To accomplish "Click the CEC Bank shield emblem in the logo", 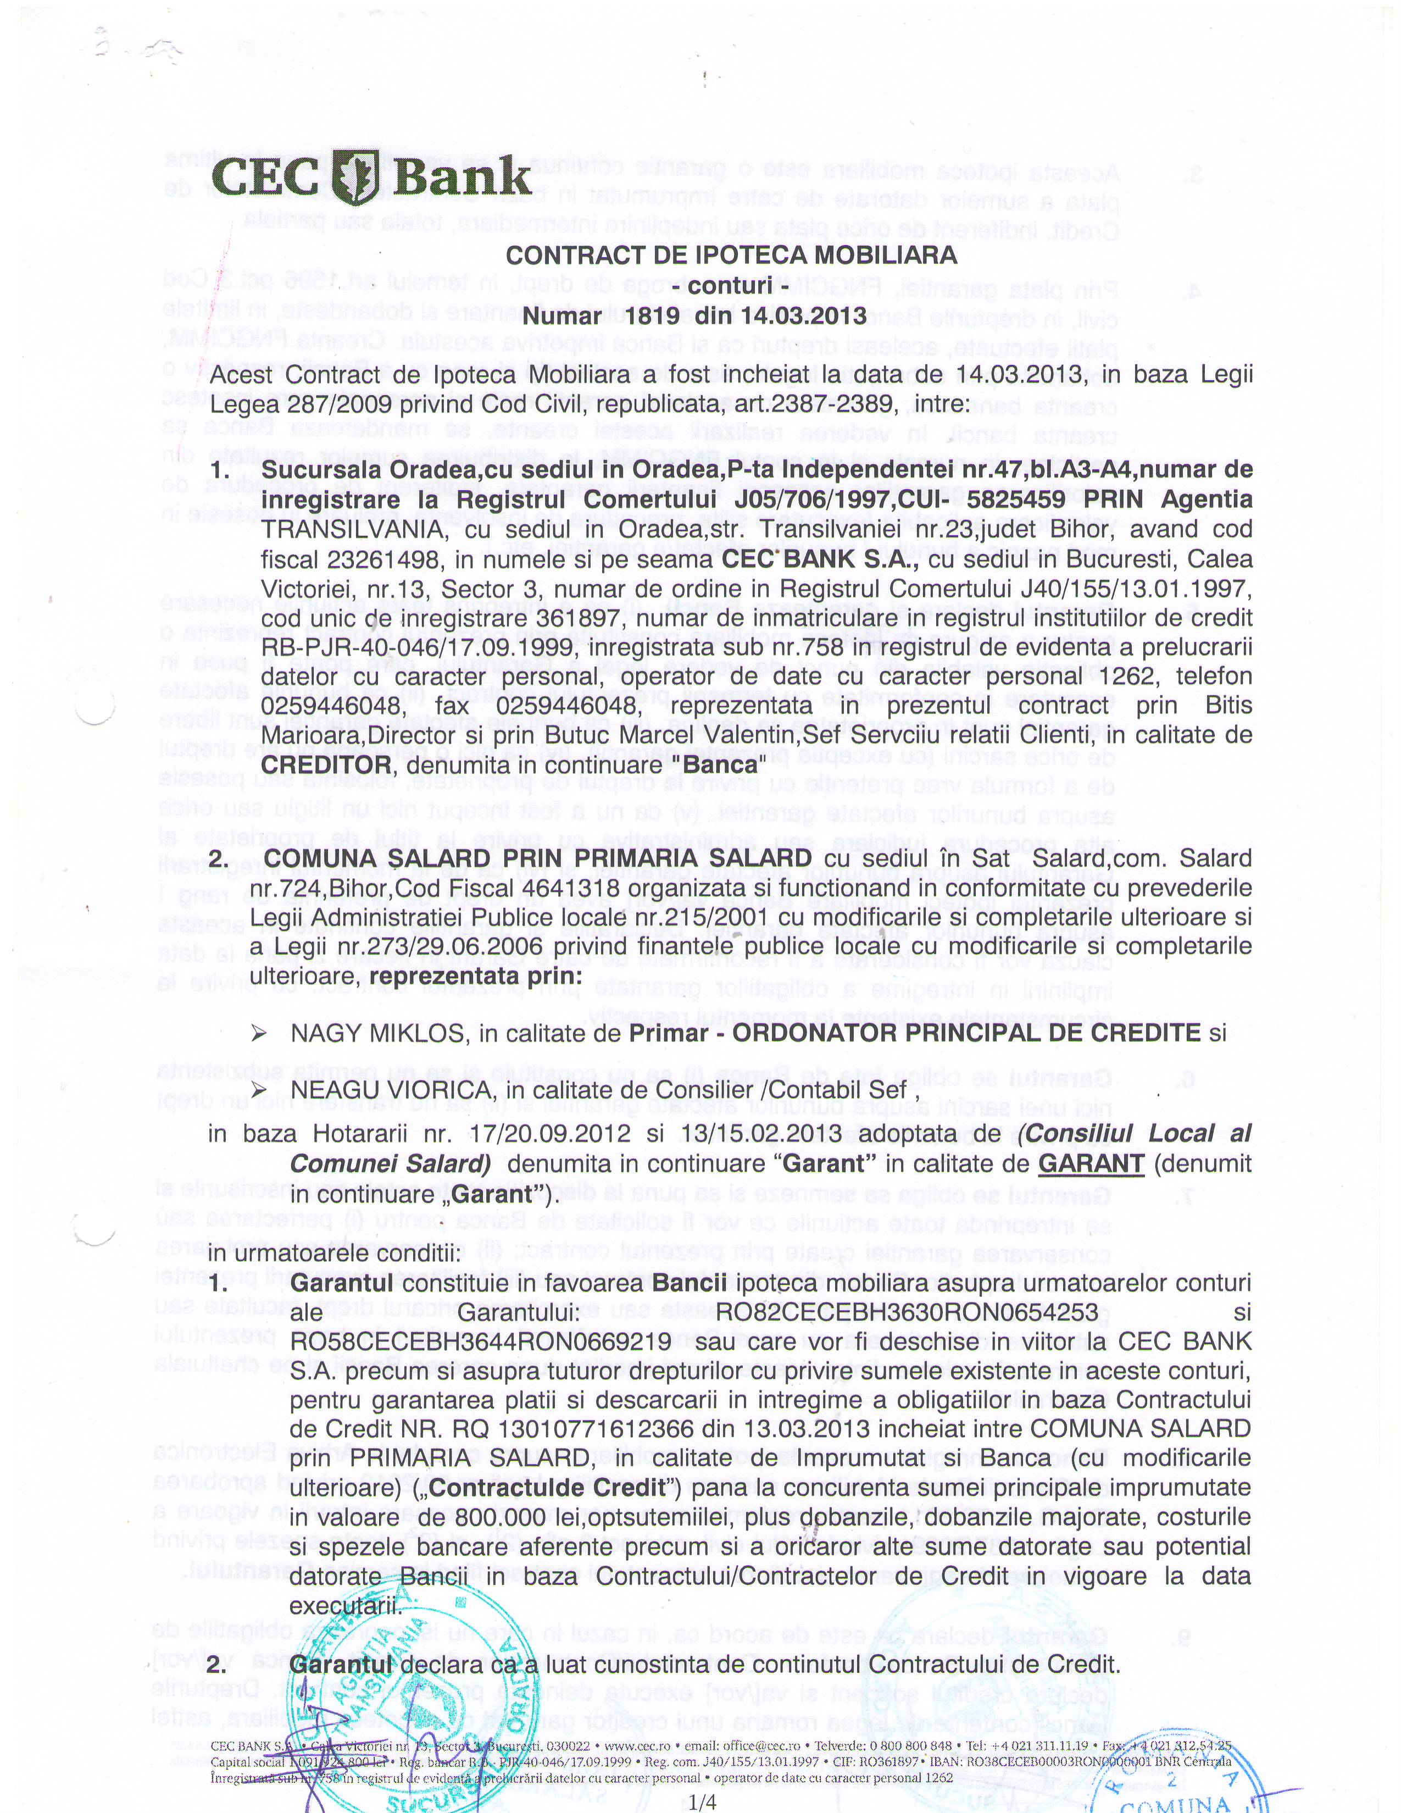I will click(358, 177).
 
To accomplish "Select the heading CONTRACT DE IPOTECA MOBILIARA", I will click(731, 256).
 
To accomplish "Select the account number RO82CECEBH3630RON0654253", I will click(907, 1312).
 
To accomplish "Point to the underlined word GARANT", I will click(1092, 1165).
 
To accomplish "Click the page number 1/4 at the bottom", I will click(702, 1801).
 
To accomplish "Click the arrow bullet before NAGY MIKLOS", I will click(259, 1034).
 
